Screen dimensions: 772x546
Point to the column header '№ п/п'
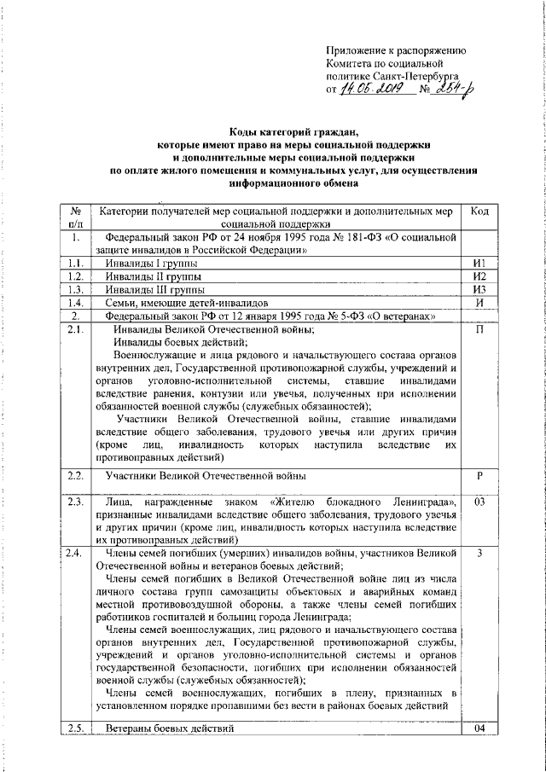pos(75,217)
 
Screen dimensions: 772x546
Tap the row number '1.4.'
pos(75,303)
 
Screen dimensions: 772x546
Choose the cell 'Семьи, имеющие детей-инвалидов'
pos(186,303)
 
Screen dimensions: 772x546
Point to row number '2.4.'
pos(75,554)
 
